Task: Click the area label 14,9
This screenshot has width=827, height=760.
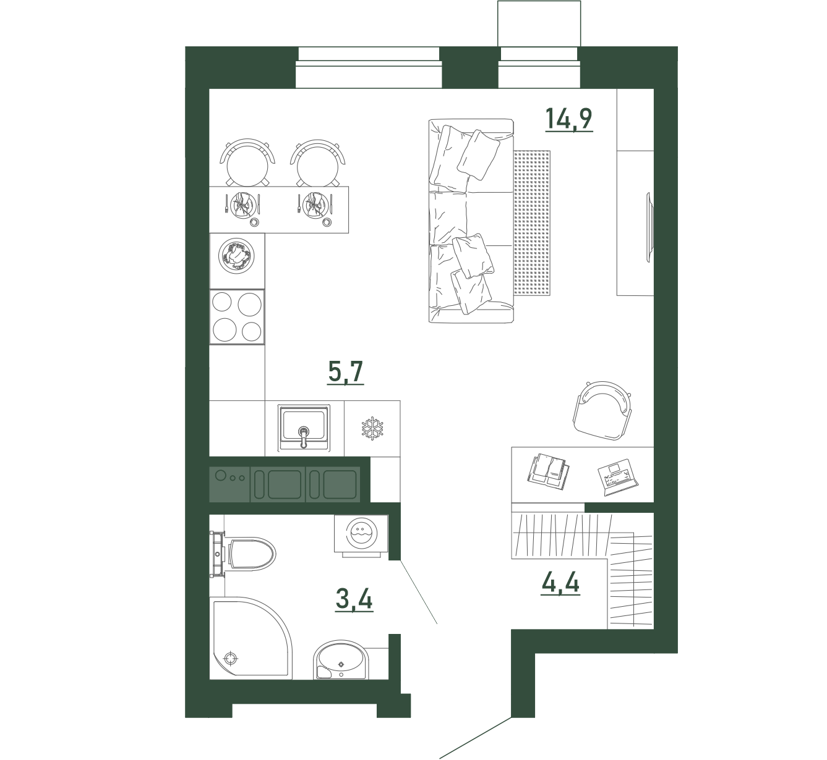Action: [569, 119]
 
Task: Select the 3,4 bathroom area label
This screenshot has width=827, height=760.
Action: [354, 600]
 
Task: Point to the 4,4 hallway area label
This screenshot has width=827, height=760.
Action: [560, 583]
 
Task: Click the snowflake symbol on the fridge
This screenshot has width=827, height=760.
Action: [372, 428]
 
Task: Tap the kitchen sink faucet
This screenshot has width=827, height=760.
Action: [304, 437]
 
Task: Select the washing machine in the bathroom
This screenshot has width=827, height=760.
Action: [362, 534]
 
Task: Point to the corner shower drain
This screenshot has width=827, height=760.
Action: [231, 658]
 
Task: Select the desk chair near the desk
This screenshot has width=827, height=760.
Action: [602, 411]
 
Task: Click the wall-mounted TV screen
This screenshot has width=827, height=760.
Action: [648, 227]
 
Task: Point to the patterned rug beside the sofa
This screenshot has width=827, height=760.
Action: [532, 223]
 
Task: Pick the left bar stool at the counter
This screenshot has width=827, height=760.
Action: [247, 163]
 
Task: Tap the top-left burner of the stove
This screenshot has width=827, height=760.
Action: [222, 302]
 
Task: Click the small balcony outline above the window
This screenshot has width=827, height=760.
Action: [539, 23]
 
